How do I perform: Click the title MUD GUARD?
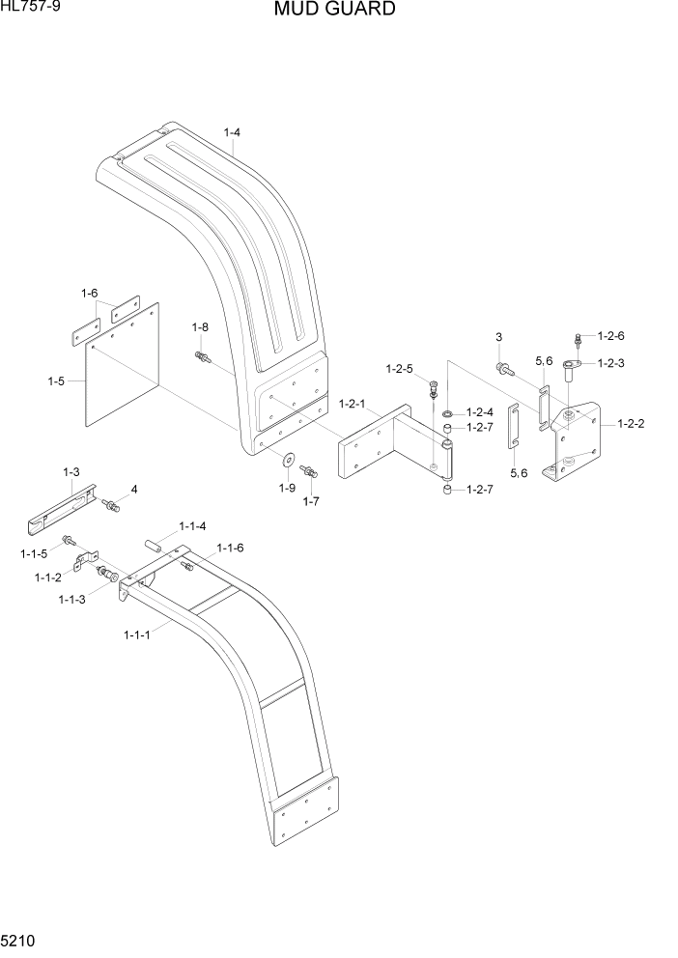pos(334,11)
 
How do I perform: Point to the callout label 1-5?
pos(57,381)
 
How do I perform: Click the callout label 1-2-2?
pos(628,423)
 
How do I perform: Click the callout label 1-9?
pos(287,488)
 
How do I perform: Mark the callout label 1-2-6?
pos(611,335)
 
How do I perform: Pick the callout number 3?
pos(499,337)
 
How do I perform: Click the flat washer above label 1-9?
pos(289,458)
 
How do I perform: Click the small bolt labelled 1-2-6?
pos(578,340)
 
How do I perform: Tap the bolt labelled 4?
pos(111,504)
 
